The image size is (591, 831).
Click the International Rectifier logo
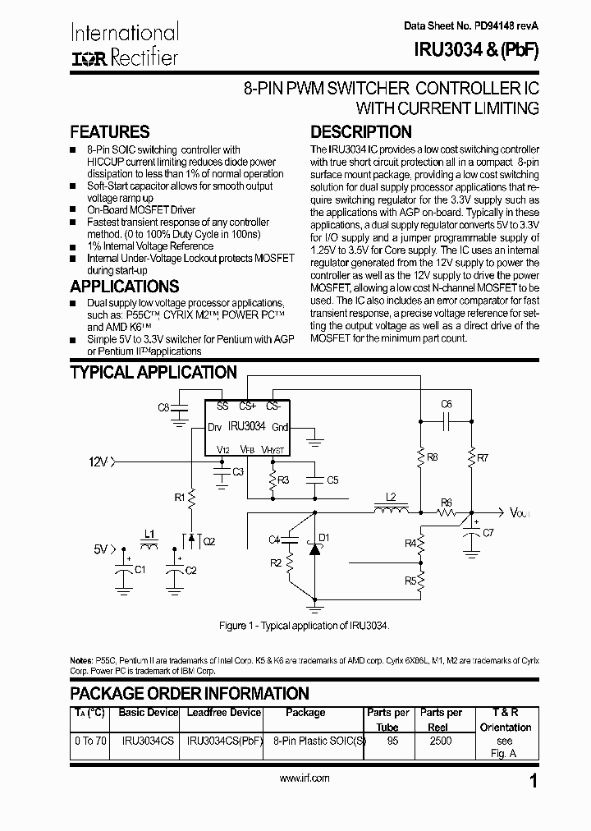124,44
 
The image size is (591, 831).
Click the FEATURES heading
110,132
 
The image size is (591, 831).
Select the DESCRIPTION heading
360,132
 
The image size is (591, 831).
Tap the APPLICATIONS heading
124,287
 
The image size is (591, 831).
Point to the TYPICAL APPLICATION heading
153,372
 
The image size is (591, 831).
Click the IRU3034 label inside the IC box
246,426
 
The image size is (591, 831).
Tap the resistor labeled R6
447,512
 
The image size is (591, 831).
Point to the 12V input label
98,462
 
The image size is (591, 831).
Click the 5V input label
100,549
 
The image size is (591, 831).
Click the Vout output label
520,513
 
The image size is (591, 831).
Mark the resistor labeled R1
191,498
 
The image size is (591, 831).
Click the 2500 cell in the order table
441,741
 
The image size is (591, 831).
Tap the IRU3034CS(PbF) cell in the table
223,741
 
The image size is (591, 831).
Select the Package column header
305,713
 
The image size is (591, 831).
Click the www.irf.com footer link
305,778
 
